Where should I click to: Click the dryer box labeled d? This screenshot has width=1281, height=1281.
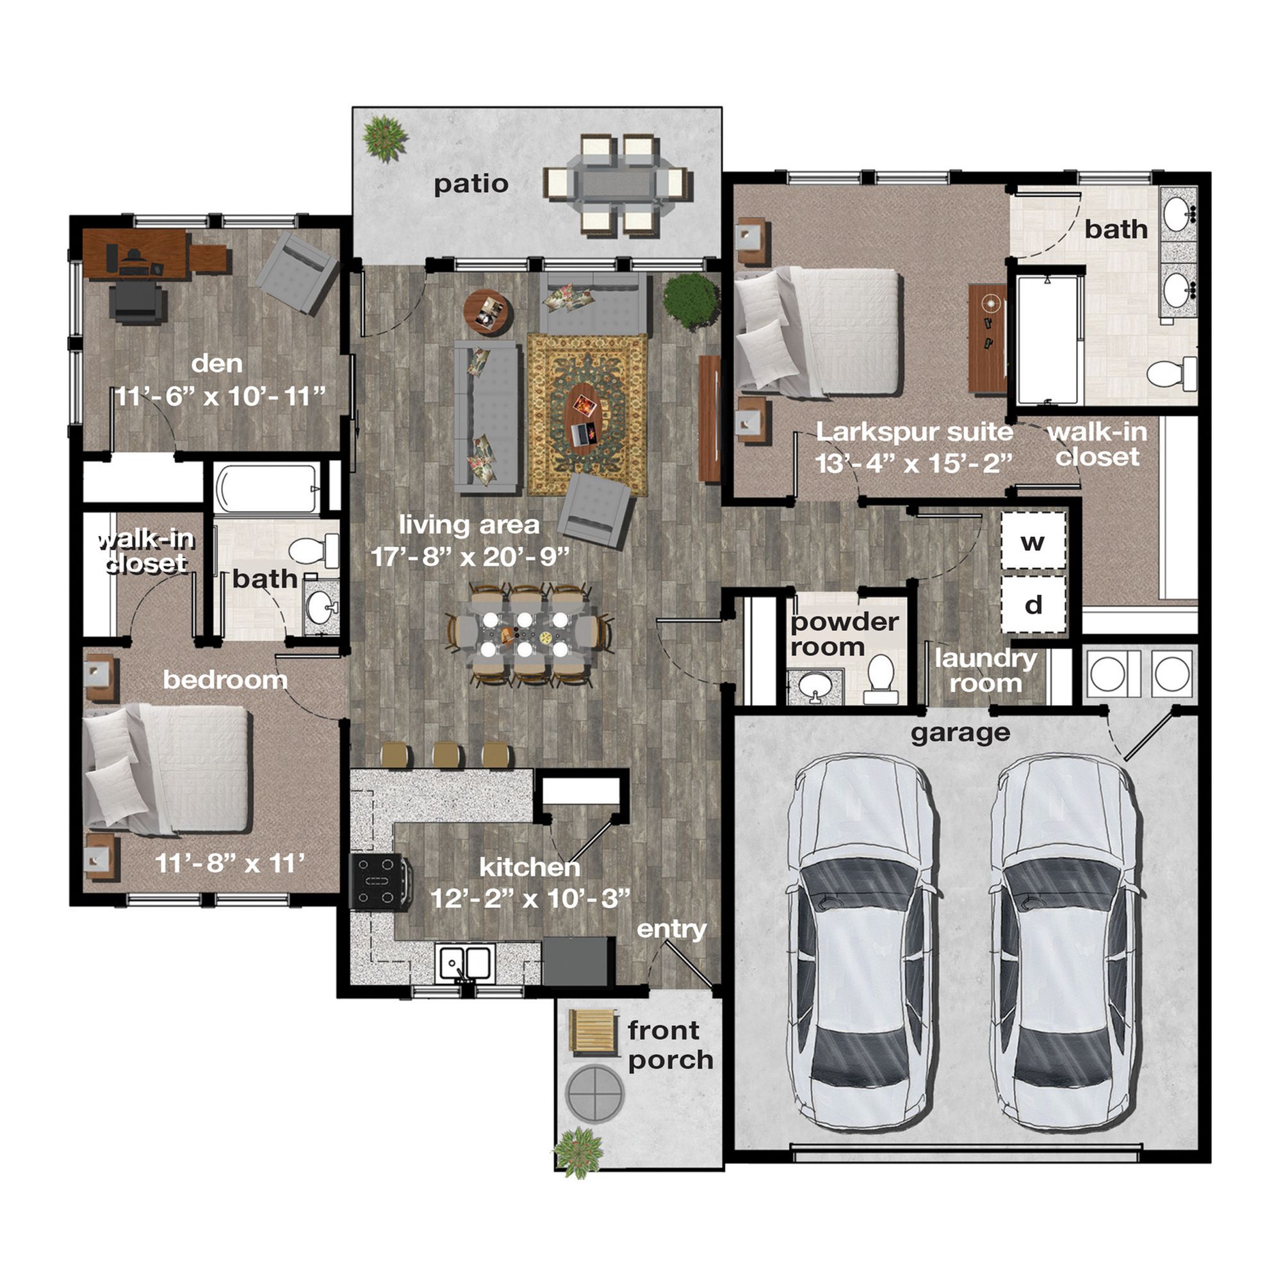pyautogui.click(x=1033, y=604)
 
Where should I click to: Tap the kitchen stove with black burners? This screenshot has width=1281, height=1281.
pyautogui.click(x=380, y=882)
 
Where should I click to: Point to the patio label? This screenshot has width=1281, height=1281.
pyautogui.click(x=471, y=184)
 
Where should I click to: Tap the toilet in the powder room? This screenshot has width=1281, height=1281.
pyautogui.click(x=881, y=678)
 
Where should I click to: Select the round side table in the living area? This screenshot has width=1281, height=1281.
pyautogui.click(x=487, y=313)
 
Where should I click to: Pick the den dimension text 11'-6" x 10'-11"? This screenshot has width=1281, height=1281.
pyautogui.click(x=221, y=396)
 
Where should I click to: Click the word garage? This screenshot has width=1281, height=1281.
pyautogui.click(x=960, y=733)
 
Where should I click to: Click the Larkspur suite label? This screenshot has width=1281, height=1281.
pyautogui.click(x=915, y=432)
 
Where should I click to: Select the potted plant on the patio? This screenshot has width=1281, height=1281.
pyautogui.click(x=384, y=138)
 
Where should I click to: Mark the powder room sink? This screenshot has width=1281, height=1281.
pyautogui.click(x=813, y=685)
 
